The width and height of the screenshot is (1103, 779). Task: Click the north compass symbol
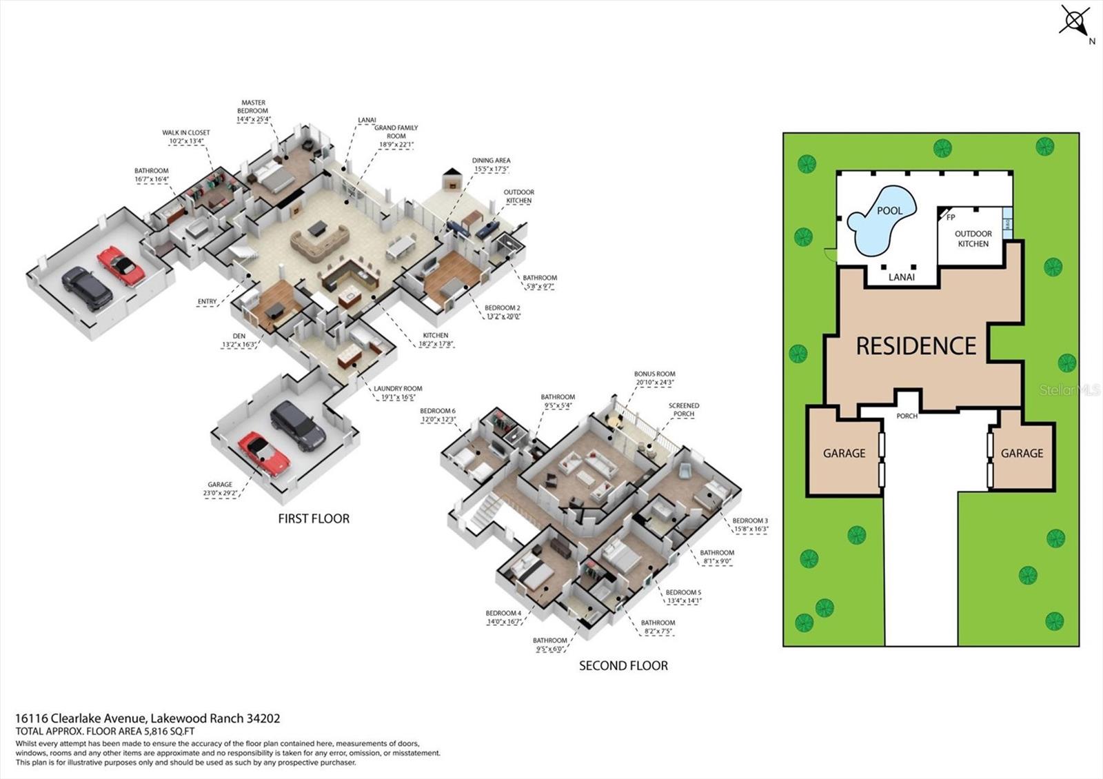[1074, 21]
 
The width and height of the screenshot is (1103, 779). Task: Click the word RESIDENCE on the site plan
[915, 345]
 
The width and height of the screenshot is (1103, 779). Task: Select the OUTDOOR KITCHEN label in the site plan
[973, 239]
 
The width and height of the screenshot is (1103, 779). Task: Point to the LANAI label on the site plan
[901, 277]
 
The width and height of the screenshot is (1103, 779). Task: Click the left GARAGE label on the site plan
[844, 453]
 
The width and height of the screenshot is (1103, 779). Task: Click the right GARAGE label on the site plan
[1022, 453]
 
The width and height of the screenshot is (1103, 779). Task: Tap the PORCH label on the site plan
[907, 416]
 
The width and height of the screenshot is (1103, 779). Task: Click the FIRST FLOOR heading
[314, 518]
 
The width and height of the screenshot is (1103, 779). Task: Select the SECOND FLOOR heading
[623, 665]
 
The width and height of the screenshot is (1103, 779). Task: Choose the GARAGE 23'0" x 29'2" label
[220, 489]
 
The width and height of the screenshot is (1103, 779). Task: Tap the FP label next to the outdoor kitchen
[951, 217]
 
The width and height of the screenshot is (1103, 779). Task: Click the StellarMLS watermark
[1070, 390]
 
